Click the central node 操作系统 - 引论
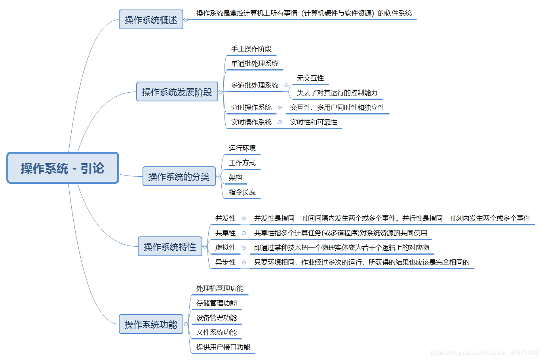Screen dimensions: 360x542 point(63,168)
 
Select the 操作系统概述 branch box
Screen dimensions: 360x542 point(151,20)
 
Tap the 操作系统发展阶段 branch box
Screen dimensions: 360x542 point(177,92)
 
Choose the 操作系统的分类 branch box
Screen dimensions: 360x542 point(179,177)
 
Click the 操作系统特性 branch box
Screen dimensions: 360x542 point(170,247)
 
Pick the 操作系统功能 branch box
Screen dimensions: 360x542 point(151,324)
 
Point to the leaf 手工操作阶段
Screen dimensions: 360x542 point(251,49)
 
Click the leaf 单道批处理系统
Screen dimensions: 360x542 point(255,63)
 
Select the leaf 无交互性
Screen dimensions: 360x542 point(310,78)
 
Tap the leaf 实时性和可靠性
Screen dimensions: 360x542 point(314,122)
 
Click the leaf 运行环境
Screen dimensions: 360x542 point(242,148)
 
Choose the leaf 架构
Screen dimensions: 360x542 point(235,177)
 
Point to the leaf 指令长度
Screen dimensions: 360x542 point(242,192)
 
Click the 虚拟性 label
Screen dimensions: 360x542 point(225,248)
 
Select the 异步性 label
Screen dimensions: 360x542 point(225,262)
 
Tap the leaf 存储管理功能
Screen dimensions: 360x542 point(217,303)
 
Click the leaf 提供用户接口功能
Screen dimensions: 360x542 point(223,347)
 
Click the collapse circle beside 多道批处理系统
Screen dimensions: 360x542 point(286,86)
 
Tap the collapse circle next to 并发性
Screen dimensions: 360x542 point(243,218)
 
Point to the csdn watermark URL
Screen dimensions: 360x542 point(484,352)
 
